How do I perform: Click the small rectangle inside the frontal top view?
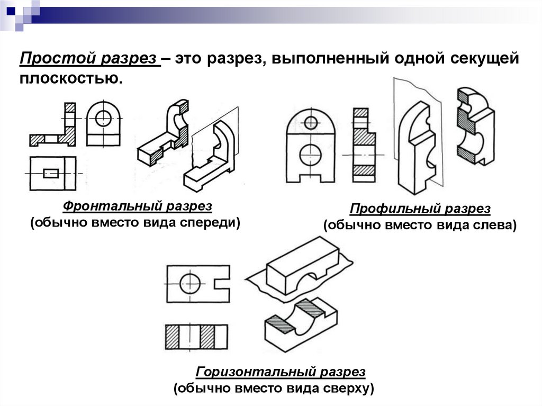pyautogui.click(x=51, y=173)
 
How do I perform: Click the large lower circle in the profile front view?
pyautogui.click(x=310, y=155)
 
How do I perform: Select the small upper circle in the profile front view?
pyautogui.click(x=311, y=122)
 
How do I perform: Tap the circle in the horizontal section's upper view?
pyautogui.click(x=189, y=283)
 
